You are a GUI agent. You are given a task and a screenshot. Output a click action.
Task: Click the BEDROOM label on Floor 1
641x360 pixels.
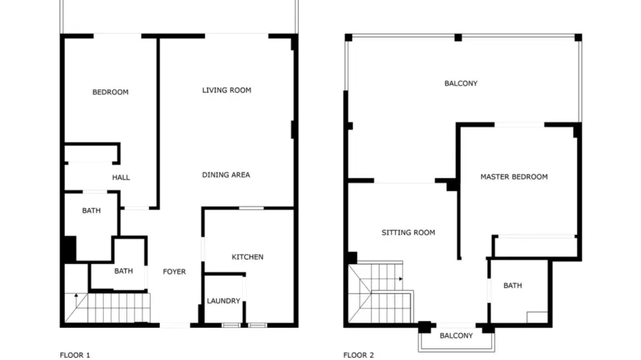110,92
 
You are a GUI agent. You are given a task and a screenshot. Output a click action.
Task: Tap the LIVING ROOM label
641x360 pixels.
226,90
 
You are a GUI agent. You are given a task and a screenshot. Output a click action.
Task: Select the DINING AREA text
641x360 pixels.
225,175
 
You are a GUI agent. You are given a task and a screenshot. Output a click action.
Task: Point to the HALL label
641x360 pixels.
121,177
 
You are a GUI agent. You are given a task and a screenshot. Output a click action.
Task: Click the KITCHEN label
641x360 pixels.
247,257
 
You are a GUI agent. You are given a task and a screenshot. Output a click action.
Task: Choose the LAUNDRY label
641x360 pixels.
223,301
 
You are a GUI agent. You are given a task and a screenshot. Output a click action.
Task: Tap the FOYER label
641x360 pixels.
174,271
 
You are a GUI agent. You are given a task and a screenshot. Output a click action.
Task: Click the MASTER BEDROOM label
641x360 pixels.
514,177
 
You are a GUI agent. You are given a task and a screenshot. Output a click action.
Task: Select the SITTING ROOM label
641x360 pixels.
408,233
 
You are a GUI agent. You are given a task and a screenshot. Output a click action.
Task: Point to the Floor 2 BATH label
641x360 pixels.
513,286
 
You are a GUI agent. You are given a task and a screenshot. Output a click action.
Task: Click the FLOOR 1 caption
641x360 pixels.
75,354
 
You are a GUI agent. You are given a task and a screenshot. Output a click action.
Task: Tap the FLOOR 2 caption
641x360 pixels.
359,354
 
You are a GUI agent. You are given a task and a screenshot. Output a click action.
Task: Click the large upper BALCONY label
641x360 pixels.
460,84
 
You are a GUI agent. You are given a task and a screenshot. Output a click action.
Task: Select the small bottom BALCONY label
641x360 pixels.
456,336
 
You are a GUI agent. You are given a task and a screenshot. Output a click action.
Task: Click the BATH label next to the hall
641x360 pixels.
91,211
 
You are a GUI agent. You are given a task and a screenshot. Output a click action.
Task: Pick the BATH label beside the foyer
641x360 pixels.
123,271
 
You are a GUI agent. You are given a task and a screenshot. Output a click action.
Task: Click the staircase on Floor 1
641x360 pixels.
108,307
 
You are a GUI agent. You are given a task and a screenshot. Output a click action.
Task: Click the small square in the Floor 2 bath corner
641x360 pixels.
537,318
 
